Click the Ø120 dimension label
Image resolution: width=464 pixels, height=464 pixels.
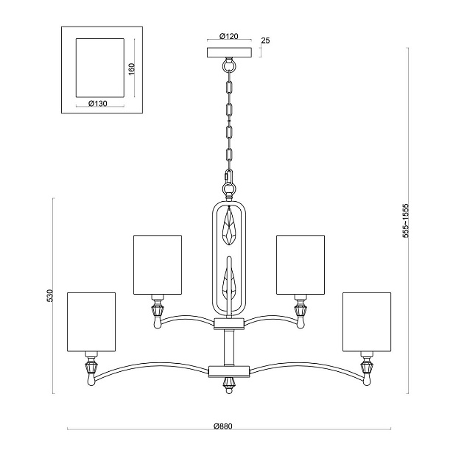coord(229,36)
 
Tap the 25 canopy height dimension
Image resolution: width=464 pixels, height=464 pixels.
coord(265,41)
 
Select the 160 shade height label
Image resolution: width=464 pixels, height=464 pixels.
coord(131,68)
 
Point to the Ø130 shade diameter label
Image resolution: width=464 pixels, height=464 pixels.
coord(98,103)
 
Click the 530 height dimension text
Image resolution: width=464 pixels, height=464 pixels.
coord(50,295)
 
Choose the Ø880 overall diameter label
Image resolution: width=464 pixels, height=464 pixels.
coord(223,426)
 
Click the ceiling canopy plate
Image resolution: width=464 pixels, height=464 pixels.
coord(229,52)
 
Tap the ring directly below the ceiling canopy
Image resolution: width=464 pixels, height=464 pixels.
coord(229,65)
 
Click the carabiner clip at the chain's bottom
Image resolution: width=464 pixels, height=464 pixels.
coord(229,176)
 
